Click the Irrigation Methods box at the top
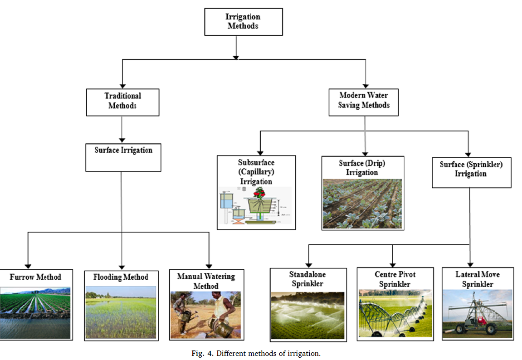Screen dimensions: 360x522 (x=243, y=21)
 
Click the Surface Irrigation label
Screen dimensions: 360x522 (x=123, y=150)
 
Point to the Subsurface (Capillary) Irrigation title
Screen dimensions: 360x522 (x=256, y=172)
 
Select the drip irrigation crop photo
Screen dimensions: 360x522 (x=362, y=203)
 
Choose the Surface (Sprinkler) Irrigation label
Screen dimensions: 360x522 (x=471, y=169)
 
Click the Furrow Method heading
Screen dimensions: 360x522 (x=35, y=277)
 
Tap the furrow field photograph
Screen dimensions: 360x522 (x=35, y=312)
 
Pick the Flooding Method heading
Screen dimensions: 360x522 (x=121, y=277)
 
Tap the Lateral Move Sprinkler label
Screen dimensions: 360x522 (x=478, y=279)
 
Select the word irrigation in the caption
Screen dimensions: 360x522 (x=304, y=354)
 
